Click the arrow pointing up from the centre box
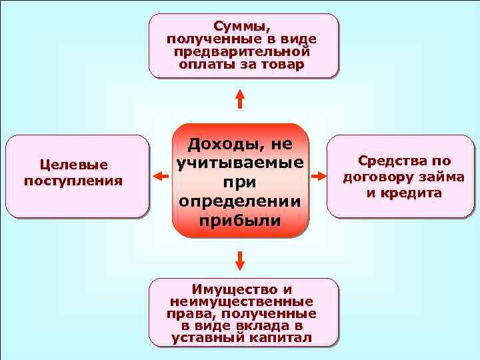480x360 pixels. click(x=241, y=99)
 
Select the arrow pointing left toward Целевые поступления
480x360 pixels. click(x=159, y=176)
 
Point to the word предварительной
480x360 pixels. click(x=241, y=52)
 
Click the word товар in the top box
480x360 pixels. click(x=285, y=65)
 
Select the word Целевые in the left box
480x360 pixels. click(x=73, y=165)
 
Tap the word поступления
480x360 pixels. click(x=73, y=180)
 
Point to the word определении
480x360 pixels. click(x=241, y=202)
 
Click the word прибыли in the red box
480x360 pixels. click(x=241, y=221)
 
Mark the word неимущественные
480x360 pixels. click(x=241, y=301)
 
